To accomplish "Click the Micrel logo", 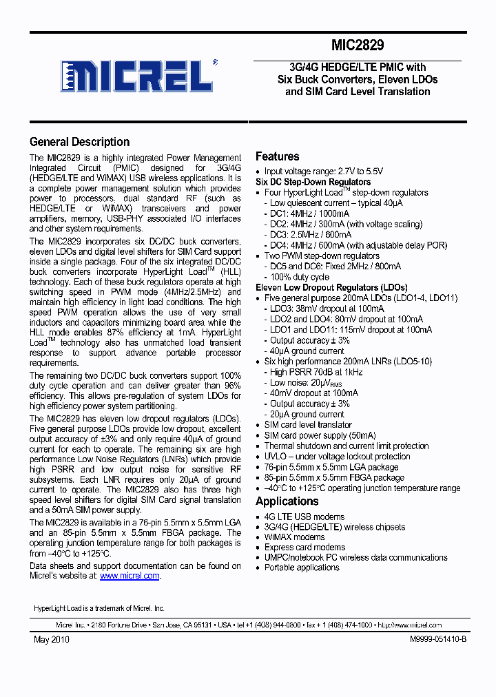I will tap(138, 75).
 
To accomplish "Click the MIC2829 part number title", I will tap(358, 45).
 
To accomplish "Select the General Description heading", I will tap(79, 142).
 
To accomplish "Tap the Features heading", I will tap(277, 156).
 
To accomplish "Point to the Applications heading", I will tap(287, 501).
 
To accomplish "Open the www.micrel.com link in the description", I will tap(130, 576).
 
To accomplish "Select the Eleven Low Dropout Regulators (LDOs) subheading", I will tap(331, 287).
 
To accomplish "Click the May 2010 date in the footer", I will tap(52, 639).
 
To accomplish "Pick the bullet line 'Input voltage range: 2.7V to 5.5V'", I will tap(324, 171).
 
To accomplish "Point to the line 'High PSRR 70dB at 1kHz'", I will tap(316, 372).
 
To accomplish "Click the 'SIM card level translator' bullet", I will tap(308, 425).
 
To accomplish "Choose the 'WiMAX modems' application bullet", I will tap(294, 537).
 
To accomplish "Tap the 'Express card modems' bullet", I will tap(304, 548).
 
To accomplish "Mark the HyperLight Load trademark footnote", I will tap(99, 609).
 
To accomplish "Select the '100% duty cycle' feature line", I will tap(302, 276).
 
